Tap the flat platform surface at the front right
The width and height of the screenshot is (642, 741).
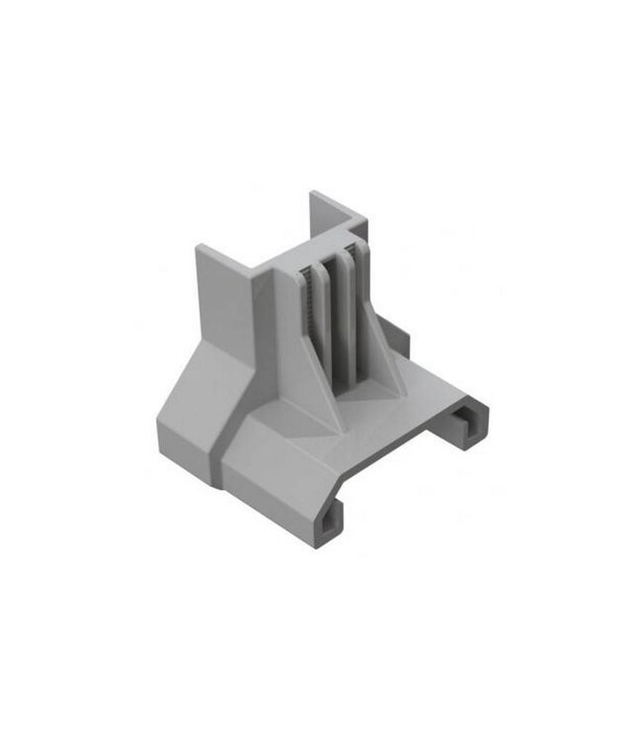click(415, 385)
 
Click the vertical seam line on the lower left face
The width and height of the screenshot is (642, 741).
click(221, 464)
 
